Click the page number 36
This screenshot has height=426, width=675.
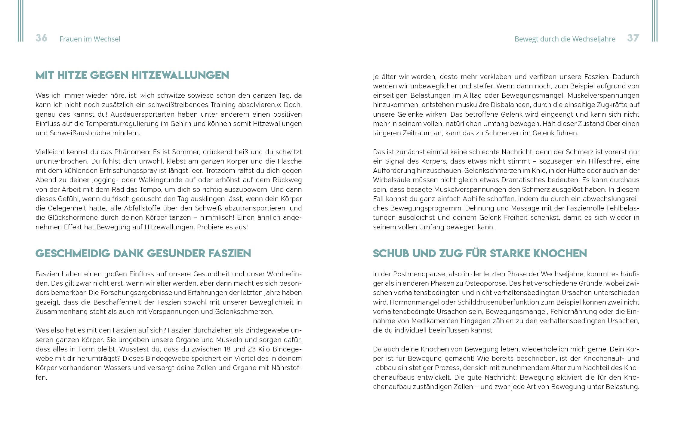coord(42,38)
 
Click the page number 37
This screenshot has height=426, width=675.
coord(633,38)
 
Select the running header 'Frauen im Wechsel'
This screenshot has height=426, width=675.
coord(90,39)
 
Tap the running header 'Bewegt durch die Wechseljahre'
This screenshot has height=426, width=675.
coord(565,39)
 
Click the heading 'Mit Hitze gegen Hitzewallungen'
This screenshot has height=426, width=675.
coord(132,75)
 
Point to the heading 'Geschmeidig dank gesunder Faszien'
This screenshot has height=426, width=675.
coord(143,253)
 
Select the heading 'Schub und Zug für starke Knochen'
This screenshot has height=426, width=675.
coord(480,253)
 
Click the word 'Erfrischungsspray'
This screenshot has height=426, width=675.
coord(128,171)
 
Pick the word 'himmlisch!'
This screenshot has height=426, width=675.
coord(217,218)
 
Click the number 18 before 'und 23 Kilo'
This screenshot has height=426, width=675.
coord(227,349)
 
